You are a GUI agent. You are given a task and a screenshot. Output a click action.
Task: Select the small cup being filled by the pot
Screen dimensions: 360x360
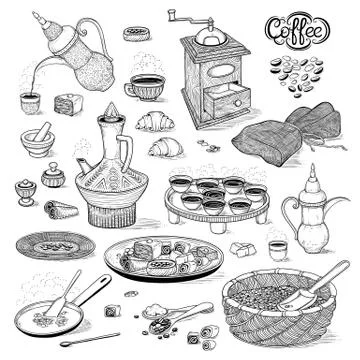[30, 100]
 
